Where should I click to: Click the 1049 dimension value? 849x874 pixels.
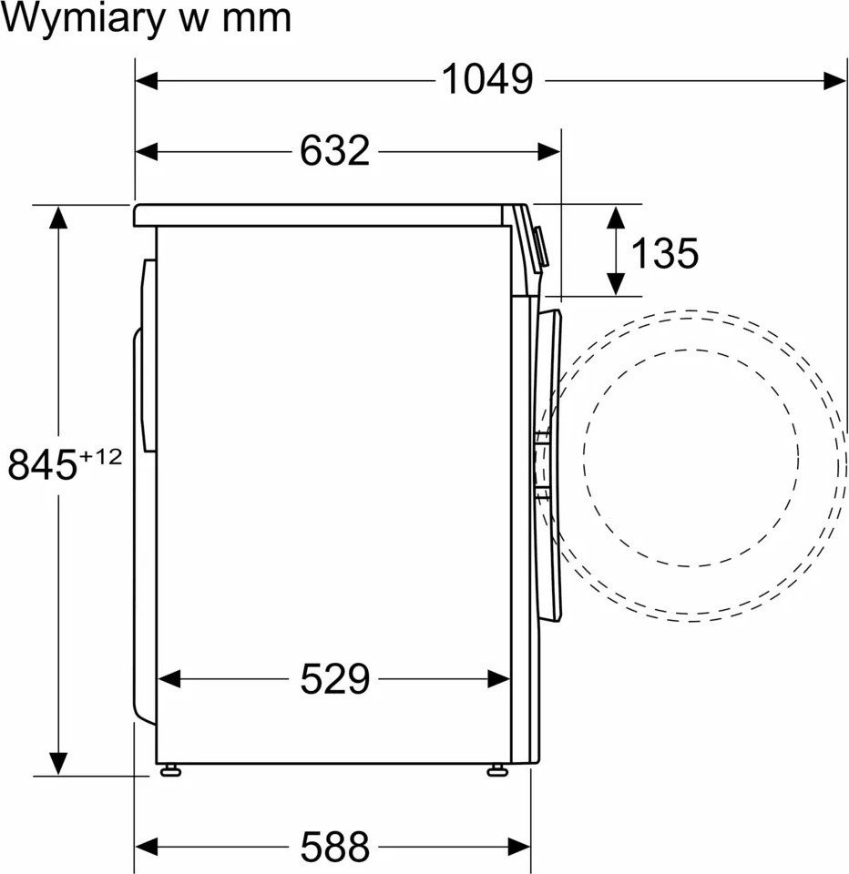tap(487, 80)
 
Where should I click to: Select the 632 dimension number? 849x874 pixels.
tap(334, 150)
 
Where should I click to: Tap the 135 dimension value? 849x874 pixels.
tap(664, 253)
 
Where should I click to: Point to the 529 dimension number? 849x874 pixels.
tap(334, 678)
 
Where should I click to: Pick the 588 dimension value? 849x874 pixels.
tap(334, 847)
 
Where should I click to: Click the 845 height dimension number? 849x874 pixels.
tap(42, 465)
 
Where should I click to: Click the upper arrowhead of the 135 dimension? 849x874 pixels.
tap(616, 218)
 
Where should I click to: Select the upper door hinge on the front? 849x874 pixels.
tap(543, 438)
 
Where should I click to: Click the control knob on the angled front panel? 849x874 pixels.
tap(540, 247)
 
